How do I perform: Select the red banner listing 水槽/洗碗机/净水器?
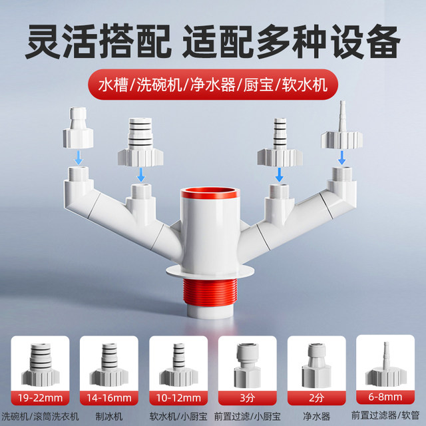pyautogui.click(x=213, y=86)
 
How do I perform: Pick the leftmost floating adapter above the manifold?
pyautogui.click(x=79, y=130)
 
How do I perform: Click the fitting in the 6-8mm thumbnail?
pyautogui.click(x=386, y=359)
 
